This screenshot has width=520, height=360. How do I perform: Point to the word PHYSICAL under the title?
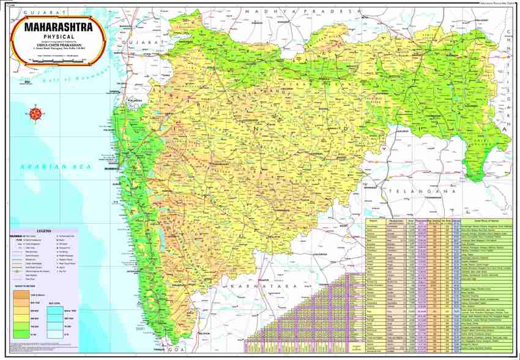click(59, 37)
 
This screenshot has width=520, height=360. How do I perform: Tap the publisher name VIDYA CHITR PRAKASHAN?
click(59, 44)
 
